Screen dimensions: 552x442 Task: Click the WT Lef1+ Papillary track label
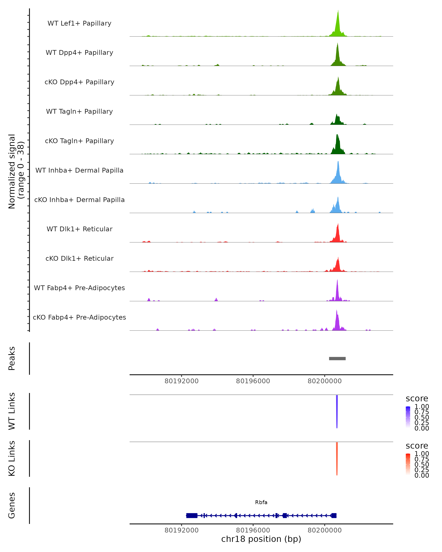(79, 23)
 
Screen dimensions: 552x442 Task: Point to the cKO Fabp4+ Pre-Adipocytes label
(79, 317)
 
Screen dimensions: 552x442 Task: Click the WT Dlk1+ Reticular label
(79, 229)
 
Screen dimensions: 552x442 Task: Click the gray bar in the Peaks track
(337, 358)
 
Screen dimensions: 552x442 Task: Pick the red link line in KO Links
(337, 458)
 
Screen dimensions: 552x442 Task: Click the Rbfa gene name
(261, 502)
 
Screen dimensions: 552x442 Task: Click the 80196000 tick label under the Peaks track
(253, 381)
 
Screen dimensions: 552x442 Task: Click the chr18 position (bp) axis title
(261, 539)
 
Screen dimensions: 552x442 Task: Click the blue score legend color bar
(408, 417)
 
